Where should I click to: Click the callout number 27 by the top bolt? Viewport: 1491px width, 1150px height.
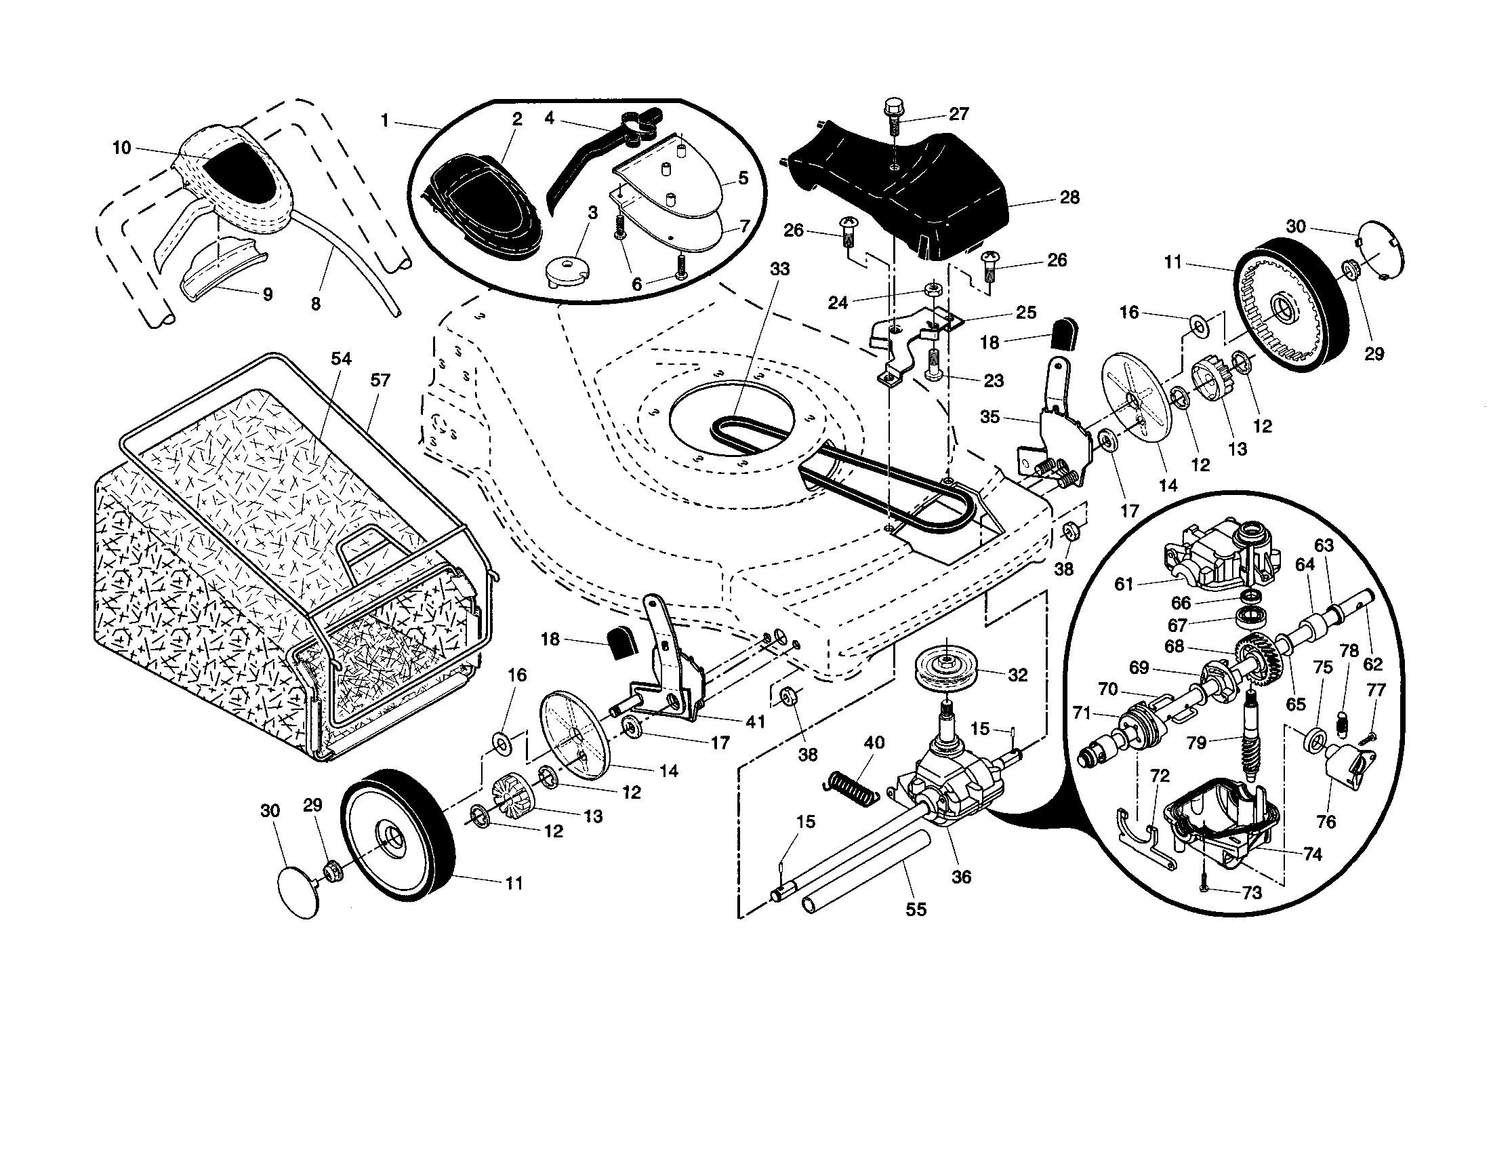(959, 114)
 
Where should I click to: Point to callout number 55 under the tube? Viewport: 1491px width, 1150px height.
(916, 909)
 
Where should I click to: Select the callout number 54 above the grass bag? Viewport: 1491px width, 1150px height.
(342, 359)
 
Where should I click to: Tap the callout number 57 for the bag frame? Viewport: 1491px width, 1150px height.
(380, 380)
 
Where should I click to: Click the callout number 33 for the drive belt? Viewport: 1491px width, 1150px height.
(779, 269)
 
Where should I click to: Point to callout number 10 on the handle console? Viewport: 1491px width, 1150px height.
(121, 148)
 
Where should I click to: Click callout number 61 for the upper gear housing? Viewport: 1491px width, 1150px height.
(1124, 584)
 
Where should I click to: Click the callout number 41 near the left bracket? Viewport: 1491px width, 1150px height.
(755, 721)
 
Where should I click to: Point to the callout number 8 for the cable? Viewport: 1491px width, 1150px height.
(315, 304)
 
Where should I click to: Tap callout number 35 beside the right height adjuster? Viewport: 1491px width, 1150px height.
(990, 416)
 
